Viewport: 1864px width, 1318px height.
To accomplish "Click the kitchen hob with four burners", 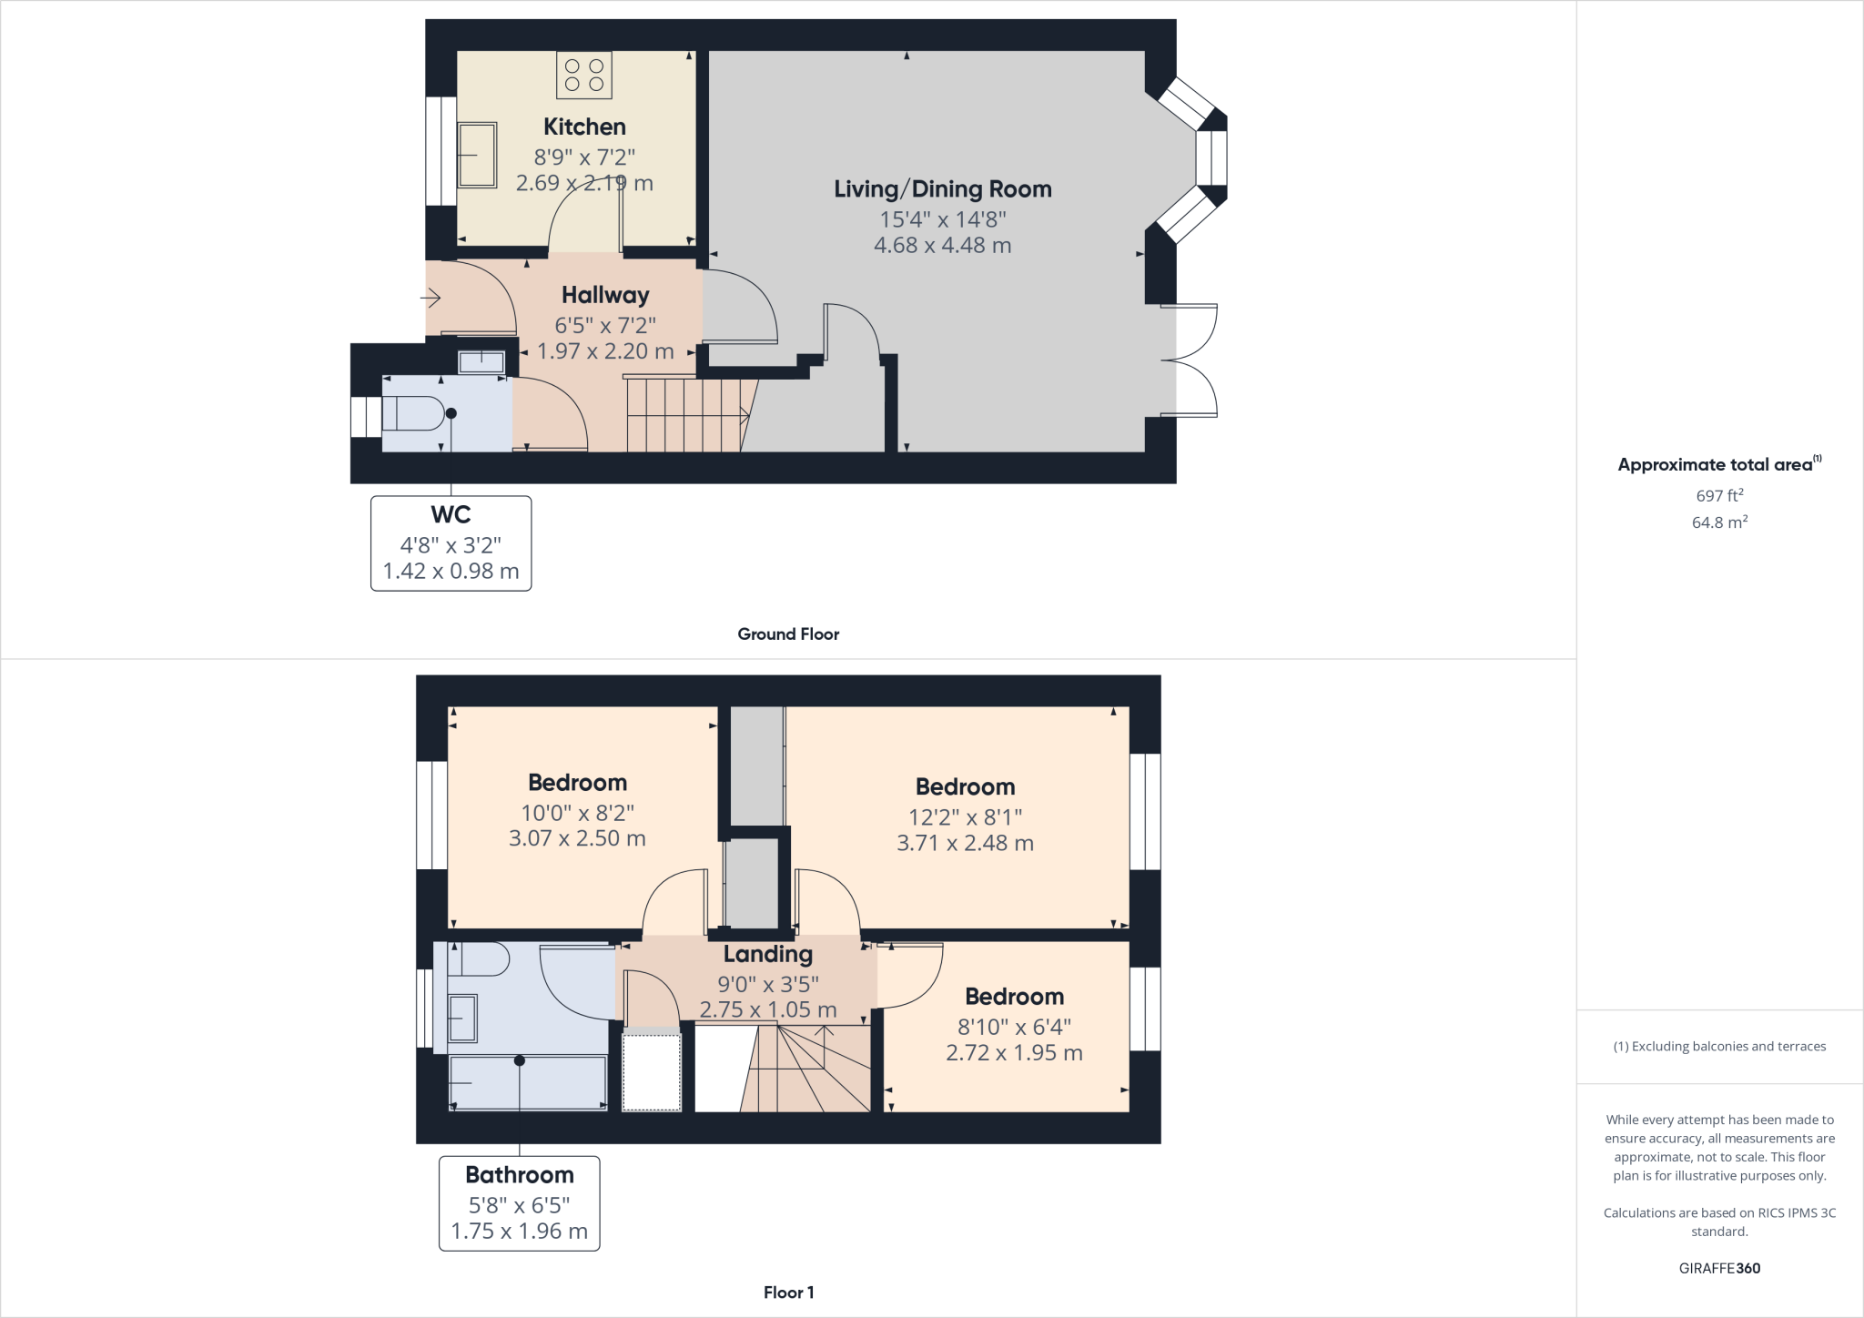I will pyautogui.click(x=584, y=75).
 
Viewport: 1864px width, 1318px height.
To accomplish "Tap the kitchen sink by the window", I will pyautogui.click(x=477, y=155).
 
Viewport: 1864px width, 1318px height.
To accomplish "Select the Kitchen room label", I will pyautogui.click(x=584, y=127).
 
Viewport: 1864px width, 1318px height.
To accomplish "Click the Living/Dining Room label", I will pyautogui.click(x=942, y=189).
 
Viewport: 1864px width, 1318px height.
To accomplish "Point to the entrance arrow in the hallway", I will pyautogui.click(x=431, y=298).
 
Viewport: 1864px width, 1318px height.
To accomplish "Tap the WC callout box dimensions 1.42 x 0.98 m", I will pyautogui.click(x=451, y=571).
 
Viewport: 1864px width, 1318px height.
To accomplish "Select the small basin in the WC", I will pyautogui.click(x=481, y=361).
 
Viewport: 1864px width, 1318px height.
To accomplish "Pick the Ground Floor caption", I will pyautogui.click(x=788, y=634).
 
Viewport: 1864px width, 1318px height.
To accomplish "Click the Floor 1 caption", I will pyautogui.click(x=788, y=1293).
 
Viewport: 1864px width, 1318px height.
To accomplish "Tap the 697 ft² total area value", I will pyautogui.click(x=1719, y=496).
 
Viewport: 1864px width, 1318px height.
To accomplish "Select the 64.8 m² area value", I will pyautogui.click(x=1719, y=522).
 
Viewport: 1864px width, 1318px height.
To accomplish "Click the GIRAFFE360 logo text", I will pyautogui.click(x=1719, y=1268).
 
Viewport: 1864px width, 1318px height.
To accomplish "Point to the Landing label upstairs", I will pyautogui.click(x=767, y=954).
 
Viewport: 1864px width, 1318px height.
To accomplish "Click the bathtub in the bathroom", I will pyautogui.click(x=528, y=1082).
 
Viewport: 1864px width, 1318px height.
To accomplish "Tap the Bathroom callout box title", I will pyautogui.click(x=519, y=1175).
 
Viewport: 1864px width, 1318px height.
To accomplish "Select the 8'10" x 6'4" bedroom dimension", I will pyautogui.click(x=1014, y=1027).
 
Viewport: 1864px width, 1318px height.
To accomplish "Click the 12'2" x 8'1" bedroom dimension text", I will pyautogui.click(x=965, y=817).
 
